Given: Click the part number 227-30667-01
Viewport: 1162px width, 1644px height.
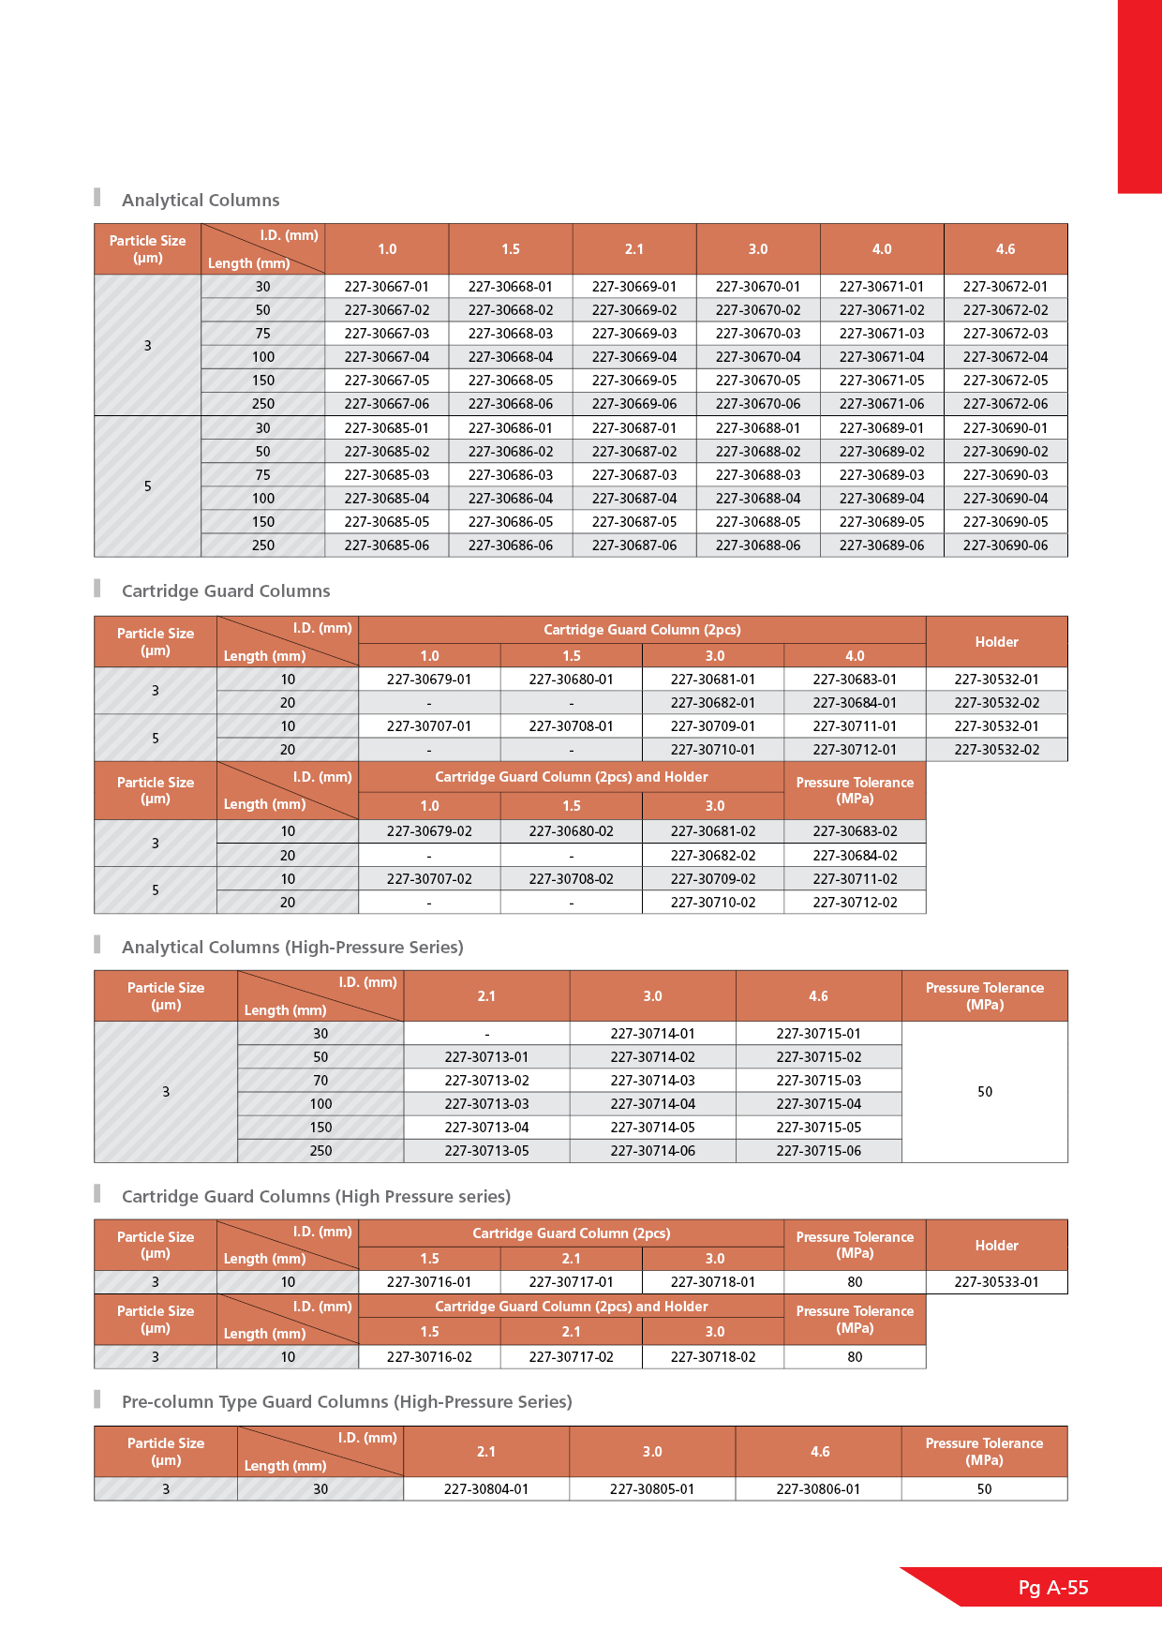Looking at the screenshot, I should pyautogui.click(x=386, y=287).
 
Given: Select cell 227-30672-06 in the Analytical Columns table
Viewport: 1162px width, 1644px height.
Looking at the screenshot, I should pyautogui.click(x=1006, y=404).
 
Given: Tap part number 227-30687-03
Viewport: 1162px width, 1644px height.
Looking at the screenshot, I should pyautogui.click(x=634, y=475).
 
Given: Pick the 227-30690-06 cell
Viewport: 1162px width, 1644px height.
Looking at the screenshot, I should pyautogui.click(x=1006, y=546).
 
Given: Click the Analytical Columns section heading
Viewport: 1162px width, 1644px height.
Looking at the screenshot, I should pyautogui.click(x=201, y=201).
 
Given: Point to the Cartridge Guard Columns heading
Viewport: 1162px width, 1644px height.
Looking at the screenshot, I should pyautogui.click(x=226, y=591).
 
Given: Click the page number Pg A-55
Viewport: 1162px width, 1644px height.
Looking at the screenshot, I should pyautogui.click(x=1053, y=1588).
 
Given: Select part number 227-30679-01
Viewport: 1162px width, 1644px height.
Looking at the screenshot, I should pyautogui.click(x=429, y=680).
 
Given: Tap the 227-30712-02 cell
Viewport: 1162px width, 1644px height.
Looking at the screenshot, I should pyautogui.click(x=855, y=903).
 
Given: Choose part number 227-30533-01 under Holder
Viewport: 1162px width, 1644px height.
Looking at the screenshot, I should pyautogui.click(x=996, y=1282).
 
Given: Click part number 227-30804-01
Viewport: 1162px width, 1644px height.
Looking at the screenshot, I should pyautogui.click(x=486, y=1489).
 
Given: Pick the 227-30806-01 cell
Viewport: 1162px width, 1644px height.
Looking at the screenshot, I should pyautogui.click(x=818, y=1489).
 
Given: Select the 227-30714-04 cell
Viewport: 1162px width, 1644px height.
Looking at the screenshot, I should pyautogui.click(x=652, y=1104).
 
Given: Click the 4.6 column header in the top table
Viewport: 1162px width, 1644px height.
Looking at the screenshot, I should pyautogui.click(x=1006, y=249).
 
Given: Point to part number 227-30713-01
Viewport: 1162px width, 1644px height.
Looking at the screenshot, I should pyautogui.click(x=486, y=1057).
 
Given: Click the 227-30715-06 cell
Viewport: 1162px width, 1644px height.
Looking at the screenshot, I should pyautogui.click(x=818, y=1151).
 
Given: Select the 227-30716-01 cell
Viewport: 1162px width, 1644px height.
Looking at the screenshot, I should pyautogui.click(x=429, y=1282).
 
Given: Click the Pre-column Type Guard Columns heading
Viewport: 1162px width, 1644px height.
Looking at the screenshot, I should pyautogui.click(x=347, y=1402).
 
